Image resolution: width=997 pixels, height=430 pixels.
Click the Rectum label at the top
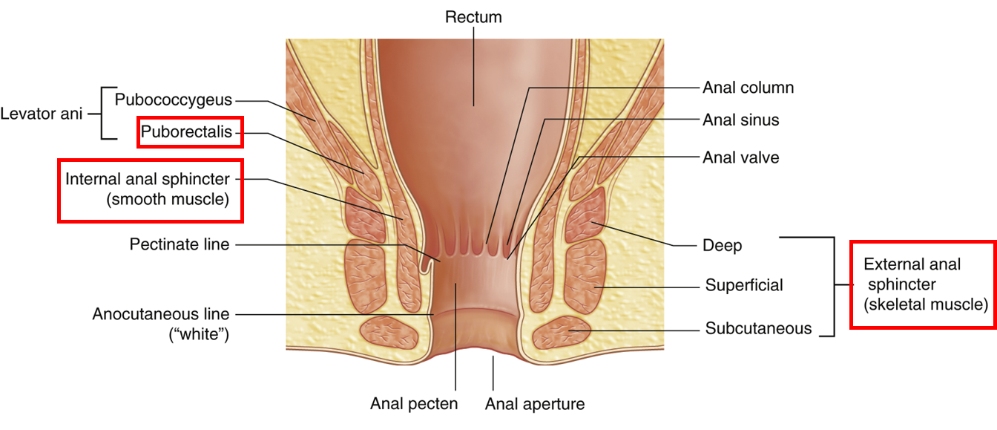pos(473,16)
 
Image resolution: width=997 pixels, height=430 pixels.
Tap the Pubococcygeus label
pos(174,100)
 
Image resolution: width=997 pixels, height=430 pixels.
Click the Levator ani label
pos(42,114)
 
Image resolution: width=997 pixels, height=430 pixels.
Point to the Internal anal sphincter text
pos(148,179)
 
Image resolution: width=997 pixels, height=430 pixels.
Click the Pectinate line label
pos(180,244)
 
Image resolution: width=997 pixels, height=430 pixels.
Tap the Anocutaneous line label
pos(161,314)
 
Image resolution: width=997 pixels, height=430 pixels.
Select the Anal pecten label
pos(414,404)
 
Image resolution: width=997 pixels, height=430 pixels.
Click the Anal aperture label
pos(535,404)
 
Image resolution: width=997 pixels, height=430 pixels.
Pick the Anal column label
pos(748,88)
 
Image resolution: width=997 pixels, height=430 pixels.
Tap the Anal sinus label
pos(740,120)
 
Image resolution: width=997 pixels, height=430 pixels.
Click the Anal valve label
pos(740,157)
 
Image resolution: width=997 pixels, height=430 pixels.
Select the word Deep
pos(722,245)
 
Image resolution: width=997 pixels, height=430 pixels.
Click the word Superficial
pos(744,285)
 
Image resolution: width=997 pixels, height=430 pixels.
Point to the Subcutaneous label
pos(758,328)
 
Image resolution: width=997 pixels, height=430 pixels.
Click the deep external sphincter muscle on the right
pos(585,216)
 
